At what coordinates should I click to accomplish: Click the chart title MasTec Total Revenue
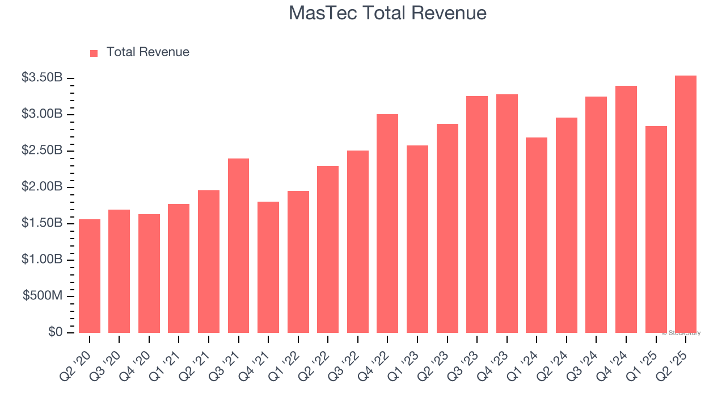click(387, 13)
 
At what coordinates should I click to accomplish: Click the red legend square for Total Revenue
click(94, 53)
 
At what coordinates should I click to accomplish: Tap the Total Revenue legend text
click(147, 52)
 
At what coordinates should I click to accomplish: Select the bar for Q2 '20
click(90, 276)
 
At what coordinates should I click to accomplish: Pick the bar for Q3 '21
click(238, 245)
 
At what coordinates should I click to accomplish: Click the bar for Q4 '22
click(387, 223)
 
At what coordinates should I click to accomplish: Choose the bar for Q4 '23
click(506, 214)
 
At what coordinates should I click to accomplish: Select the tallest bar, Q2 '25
click(685, 204)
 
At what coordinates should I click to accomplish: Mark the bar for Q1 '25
click(656, 229)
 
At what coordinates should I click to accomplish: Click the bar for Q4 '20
click(149, 273)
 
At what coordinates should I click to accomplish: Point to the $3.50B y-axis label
click(42, 78)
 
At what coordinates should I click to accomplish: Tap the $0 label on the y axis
click(55, 332)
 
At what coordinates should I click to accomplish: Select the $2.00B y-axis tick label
click(42, 187)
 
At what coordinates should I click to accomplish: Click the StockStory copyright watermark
click(681, 333)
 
